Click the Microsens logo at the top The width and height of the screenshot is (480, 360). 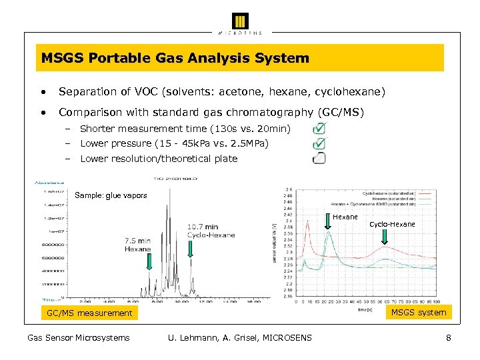coord(240,22)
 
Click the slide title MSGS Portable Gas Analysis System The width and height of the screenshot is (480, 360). coord(175,58)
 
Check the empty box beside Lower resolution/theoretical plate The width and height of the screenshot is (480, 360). coord(319,158)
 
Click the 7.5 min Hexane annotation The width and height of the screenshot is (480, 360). coord(138,245)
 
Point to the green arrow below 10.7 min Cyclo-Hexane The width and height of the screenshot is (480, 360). coord(190,249)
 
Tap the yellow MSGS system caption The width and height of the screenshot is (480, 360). coord(419,312)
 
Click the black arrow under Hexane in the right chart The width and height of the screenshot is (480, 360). coord(328,225)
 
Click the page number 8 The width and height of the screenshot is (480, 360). coord(449,338)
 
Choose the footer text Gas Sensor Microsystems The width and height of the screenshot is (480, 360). coord(78,338)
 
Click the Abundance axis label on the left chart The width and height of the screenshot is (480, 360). coord(50,181)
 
